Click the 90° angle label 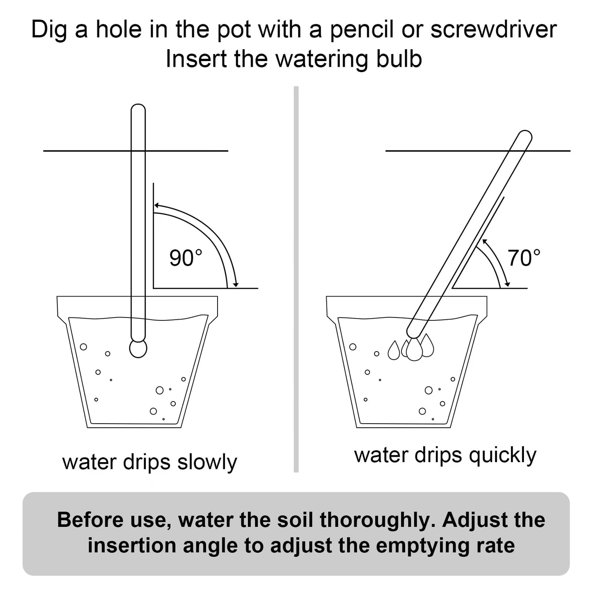pos(186,259)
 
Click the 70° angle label pos(524,258)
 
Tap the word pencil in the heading pos(361,30)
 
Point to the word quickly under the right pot pos(503,455)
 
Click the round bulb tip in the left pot pos(138,348)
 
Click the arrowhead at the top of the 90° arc pos(157,206)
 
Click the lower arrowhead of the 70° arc pos(508,284)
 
